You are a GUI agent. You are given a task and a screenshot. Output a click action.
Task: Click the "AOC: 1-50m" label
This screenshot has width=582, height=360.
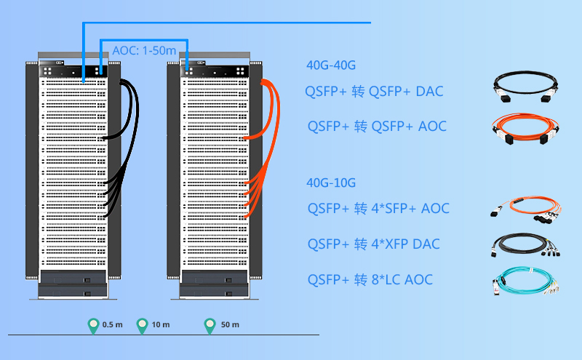coord(144,51)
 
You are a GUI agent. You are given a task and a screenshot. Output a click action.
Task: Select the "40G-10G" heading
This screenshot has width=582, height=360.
coord(331,183)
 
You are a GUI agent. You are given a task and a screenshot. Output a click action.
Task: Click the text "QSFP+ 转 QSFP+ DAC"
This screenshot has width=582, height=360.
coord(375,92)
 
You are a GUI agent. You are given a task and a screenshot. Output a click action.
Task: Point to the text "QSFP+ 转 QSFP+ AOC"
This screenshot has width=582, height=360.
coord(376,127)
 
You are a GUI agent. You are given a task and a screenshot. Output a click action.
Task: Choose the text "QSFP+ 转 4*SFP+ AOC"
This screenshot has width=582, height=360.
coord(378,209)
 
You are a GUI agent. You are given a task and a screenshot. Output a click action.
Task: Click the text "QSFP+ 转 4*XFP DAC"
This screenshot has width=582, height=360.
coord(373,244)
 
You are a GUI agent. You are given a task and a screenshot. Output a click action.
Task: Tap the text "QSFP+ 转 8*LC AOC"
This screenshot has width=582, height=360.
coord(370,279)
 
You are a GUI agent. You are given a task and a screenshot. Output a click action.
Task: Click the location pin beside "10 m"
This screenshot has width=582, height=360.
coord(143,326)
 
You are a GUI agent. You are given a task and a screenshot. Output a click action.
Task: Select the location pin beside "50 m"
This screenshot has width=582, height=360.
coord(210,326)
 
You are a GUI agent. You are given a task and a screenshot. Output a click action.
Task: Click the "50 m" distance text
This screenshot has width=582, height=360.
coord(230,324)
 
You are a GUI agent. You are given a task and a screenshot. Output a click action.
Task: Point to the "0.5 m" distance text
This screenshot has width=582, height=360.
coord(113,324)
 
